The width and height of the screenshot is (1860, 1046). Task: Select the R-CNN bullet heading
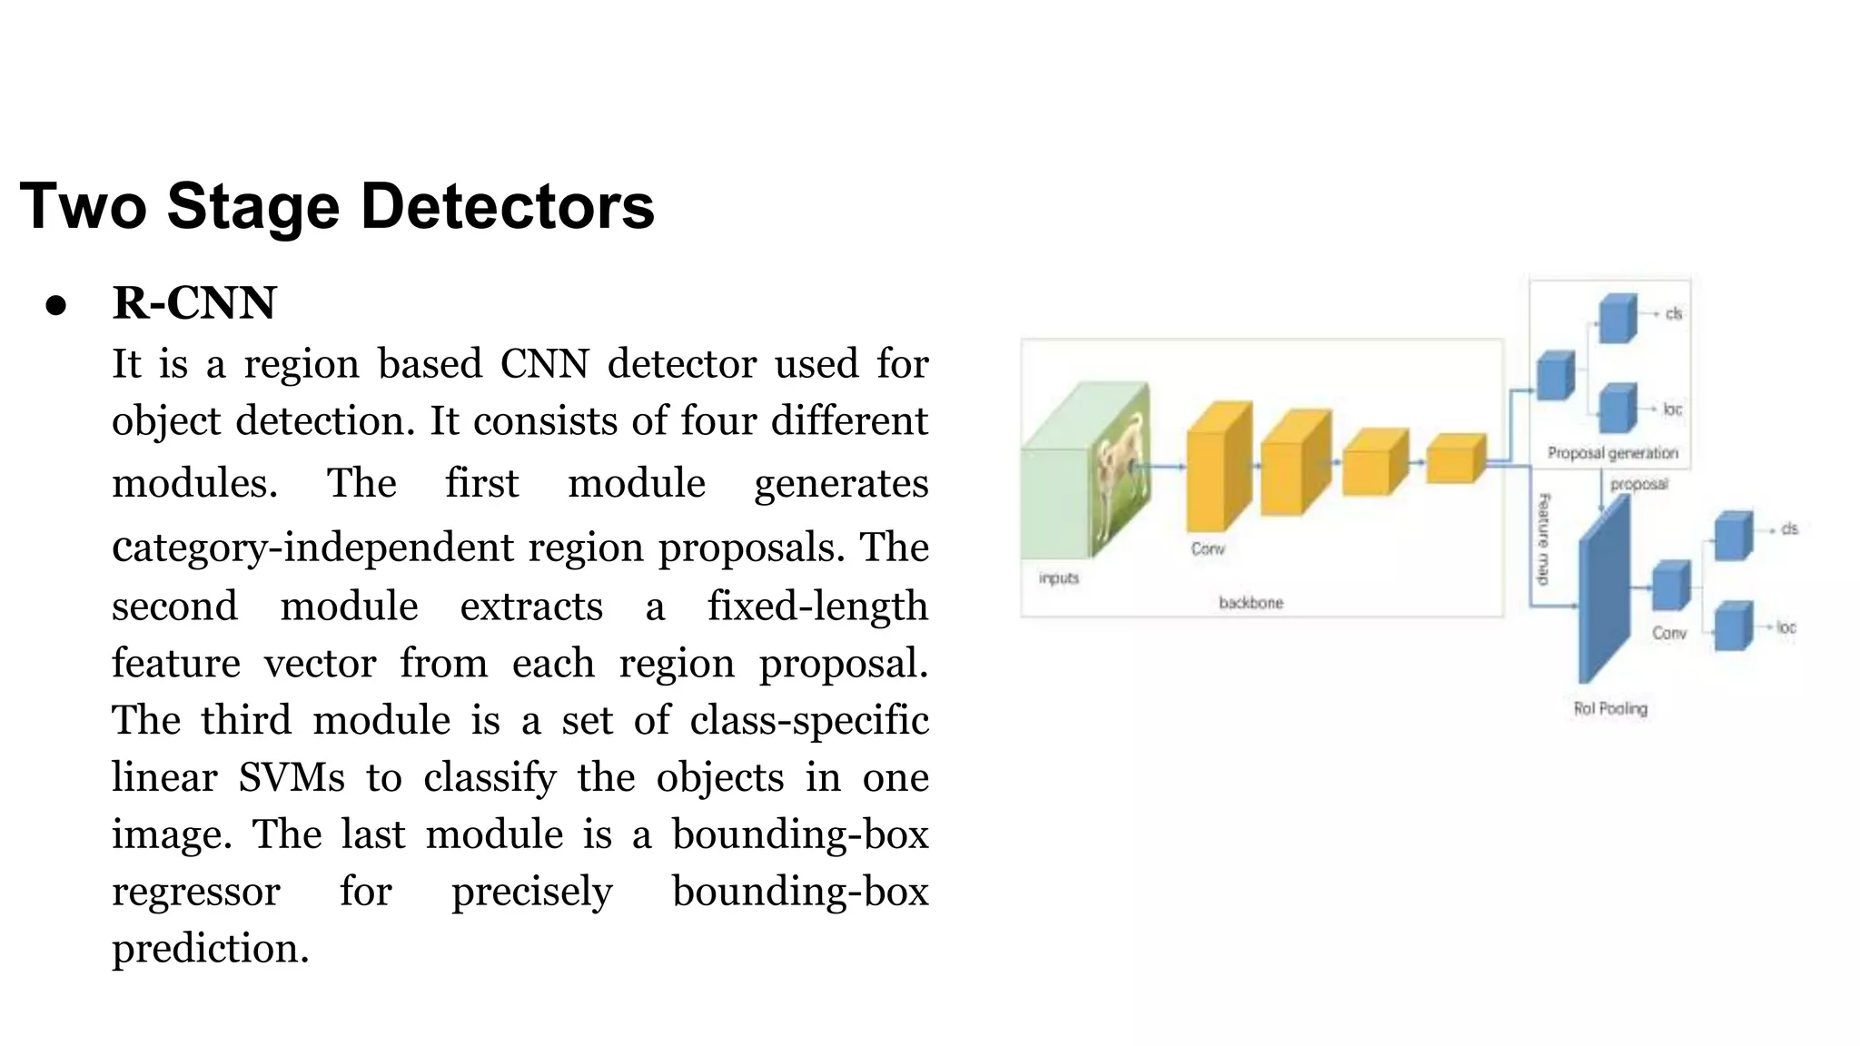click(x=193, y=303)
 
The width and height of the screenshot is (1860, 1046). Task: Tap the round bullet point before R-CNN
click(x=56, y=306)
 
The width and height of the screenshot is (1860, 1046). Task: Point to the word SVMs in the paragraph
click(x=292, y=778)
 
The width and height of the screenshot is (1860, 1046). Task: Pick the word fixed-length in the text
click(x=817, y=607)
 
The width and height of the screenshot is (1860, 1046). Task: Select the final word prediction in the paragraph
click(x=211, y=949)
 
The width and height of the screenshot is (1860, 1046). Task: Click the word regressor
click(x=196, y=892)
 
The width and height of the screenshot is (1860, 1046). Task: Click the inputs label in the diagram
click(x=1059, y=577)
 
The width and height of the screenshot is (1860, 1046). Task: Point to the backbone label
click(x=1251, y=602)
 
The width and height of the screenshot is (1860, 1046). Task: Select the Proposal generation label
click(x=1612, y=452)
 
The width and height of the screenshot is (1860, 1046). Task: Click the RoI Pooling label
click(x=1610, y=708)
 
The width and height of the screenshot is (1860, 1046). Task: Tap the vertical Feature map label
click(x=1544, y=538)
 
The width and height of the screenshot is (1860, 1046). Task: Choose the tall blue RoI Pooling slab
click(x=1603, y=595)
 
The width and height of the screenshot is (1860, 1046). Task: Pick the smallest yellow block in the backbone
click(x=1455, y=459)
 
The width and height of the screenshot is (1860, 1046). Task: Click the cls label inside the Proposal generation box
click(x=1674, y=314)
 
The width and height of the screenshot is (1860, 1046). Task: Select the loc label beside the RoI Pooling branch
click(x=1786, y=627)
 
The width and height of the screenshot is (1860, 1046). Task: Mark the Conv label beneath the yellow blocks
click(x=1208, y=548)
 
